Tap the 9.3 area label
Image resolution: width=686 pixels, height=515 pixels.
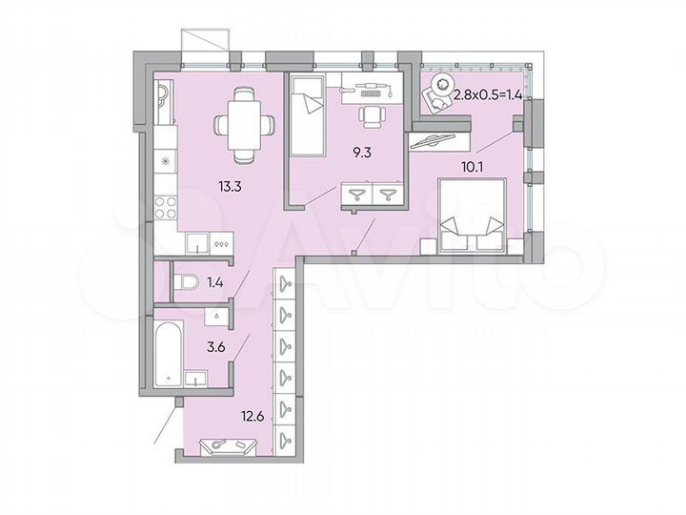coord(360,150)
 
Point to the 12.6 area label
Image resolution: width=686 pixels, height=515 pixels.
coord(252,415)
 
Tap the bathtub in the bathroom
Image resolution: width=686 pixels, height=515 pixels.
coord(169,354)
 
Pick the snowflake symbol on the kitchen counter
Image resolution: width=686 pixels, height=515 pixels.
coord(167,159)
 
